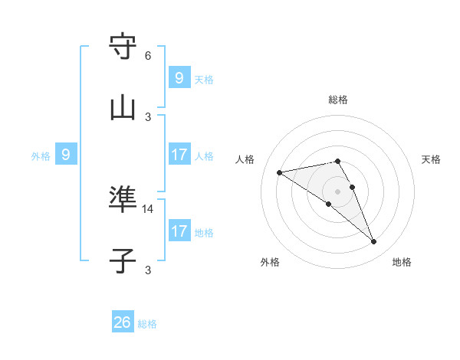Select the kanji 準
[123, 200]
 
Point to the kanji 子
[123, 261]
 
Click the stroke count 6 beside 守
[148, 56]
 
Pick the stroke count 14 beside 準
[148, 208]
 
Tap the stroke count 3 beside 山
[148, 116]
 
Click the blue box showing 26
[123, 322]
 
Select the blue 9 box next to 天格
[179, 77]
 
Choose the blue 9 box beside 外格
[66, 155]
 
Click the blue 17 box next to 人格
[179, 155]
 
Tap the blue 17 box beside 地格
[179, 231]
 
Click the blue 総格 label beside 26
[147, 324]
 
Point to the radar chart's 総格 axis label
[338, 100]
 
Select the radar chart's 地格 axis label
[402, 262]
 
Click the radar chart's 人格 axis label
[245, 159]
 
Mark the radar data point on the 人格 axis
[280, 172]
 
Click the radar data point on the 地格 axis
[374, 242]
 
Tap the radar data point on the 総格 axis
[337, 161]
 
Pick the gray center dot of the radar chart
[337, 191]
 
